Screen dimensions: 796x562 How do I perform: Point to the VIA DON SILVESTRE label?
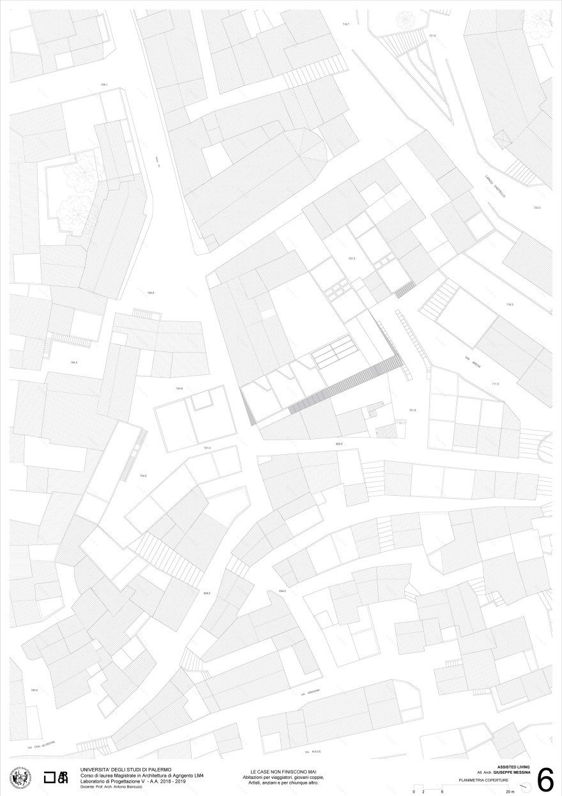coord(42,744)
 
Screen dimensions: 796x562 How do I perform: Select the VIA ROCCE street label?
coord(311,753)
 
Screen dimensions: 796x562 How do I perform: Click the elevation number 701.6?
coord(412,410)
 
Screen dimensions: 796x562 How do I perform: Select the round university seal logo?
coord(21,778)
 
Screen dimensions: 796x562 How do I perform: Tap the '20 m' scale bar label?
coord(509,792)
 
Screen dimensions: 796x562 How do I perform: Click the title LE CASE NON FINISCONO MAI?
coord(280,772)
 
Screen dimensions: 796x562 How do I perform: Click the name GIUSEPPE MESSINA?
coord(516,773)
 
